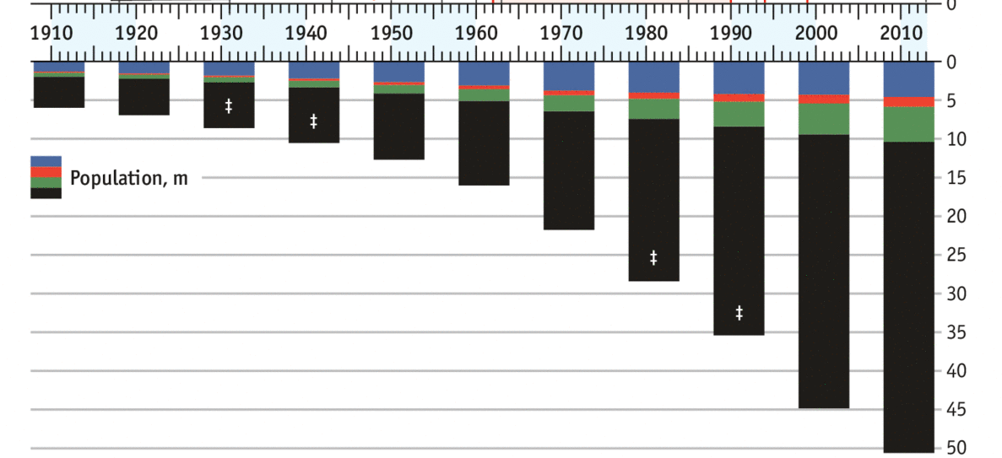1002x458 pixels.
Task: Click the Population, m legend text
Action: coord(129,178)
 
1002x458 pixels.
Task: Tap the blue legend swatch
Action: coord(46,161)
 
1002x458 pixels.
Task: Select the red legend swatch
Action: coord(46,172)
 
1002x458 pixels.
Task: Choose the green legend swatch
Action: coord(46,182)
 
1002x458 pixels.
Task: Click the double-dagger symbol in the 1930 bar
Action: coord(229,106)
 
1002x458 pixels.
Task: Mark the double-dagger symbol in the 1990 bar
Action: coord(739,313)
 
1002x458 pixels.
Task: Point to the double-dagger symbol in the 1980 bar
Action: coord(653,257)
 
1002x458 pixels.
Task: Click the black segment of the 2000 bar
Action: coord(824,270)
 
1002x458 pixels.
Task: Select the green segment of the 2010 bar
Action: coord(909,124)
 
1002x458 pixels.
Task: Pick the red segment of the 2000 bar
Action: coord(824,99)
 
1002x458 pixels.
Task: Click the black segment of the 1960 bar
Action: coord(484,143)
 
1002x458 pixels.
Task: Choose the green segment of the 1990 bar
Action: coord(739,114)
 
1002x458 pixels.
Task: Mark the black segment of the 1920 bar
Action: coord(144,96)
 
